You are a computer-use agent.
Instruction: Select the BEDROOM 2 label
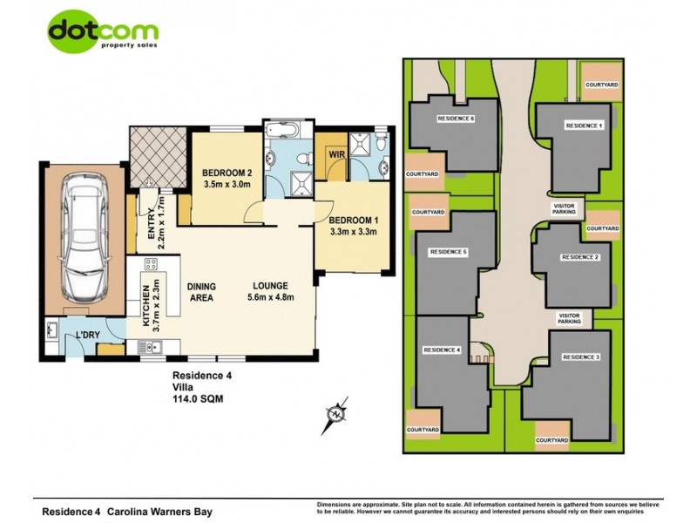coord(227,178)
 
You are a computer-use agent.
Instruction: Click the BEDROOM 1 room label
coord(353,225)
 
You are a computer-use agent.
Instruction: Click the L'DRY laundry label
coord(86,336)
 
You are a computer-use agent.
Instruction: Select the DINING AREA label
coord(201,292)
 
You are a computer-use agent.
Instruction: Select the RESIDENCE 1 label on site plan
coord(583,126)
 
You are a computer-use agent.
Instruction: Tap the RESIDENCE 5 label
coord(449,252)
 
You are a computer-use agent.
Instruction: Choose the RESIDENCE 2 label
coord(579,257)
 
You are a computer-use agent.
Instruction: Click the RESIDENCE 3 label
coord(581,357)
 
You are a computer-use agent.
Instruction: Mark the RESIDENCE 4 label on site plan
coord(441,350)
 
